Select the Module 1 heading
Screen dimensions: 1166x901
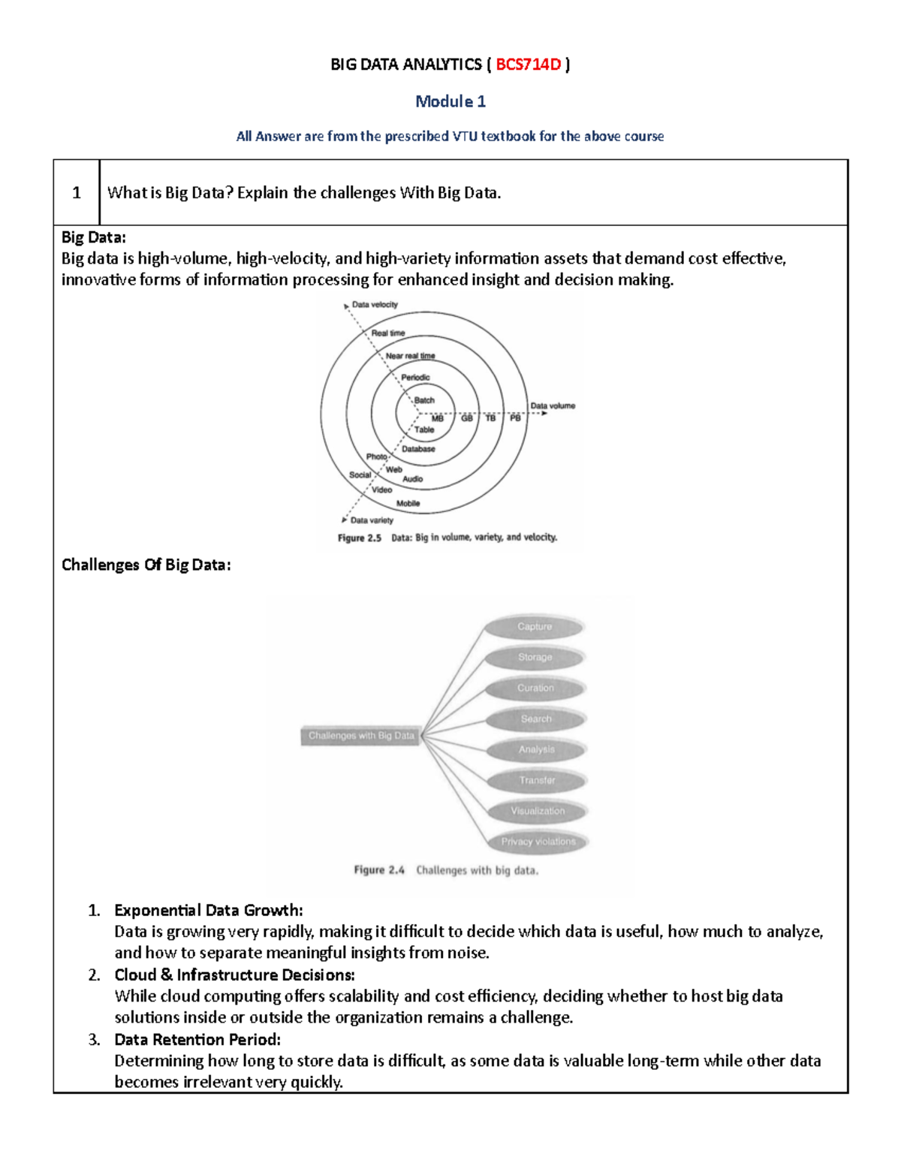450,101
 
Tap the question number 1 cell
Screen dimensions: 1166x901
76,193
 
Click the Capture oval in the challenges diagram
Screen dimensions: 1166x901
534,627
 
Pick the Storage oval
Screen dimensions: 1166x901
535,658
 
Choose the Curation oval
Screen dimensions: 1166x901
535,688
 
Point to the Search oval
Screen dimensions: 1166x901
535,719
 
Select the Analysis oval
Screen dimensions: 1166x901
536,750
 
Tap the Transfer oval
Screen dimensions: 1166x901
537,781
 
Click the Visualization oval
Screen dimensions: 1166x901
538,812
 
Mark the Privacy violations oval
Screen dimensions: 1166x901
538,842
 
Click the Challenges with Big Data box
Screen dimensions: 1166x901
361,736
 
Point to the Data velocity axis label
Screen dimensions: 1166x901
375,305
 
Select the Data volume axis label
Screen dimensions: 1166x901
553,406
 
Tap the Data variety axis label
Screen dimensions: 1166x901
372,520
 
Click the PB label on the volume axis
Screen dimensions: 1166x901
515,418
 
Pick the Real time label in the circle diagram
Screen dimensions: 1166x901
388,333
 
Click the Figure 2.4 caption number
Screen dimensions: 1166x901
379,871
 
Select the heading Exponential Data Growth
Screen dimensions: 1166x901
208,911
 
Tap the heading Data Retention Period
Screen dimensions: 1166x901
197,1040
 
